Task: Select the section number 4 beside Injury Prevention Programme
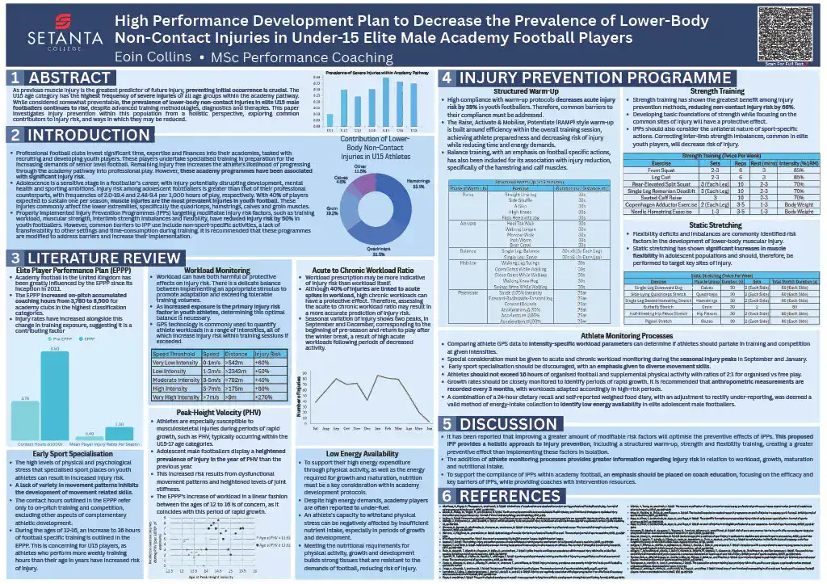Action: click(x=447, y=78)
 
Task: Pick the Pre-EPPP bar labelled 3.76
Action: click(x=25, y=420)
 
